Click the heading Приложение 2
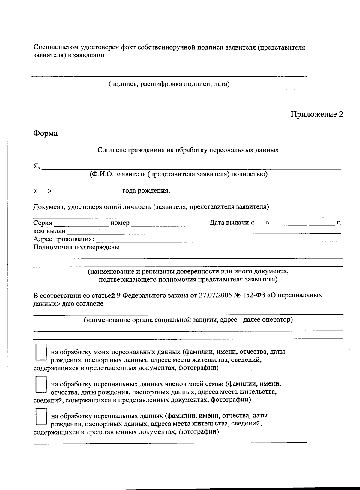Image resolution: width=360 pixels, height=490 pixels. point(316,114)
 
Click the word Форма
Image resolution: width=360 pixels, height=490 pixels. point(45,133)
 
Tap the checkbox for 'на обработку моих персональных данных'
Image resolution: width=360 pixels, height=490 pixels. point(41,352)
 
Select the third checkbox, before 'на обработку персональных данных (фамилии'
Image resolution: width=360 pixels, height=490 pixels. point(41,416)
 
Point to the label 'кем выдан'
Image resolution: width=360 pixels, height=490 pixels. point(49,231)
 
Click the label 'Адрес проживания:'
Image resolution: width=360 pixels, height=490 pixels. point(64,239)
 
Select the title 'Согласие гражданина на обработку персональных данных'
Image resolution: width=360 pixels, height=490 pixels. point(188,150)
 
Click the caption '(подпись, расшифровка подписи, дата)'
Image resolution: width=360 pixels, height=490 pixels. point(169,84)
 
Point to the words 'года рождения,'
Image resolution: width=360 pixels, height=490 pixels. point(146,191)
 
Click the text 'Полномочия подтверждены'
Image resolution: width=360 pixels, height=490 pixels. point(76,247)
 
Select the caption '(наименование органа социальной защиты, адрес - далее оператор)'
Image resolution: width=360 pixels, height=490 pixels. point(188,320)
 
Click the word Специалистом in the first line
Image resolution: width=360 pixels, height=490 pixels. point(56,47)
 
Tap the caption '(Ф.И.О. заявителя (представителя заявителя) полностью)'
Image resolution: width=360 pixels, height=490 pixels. point(178,174)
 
